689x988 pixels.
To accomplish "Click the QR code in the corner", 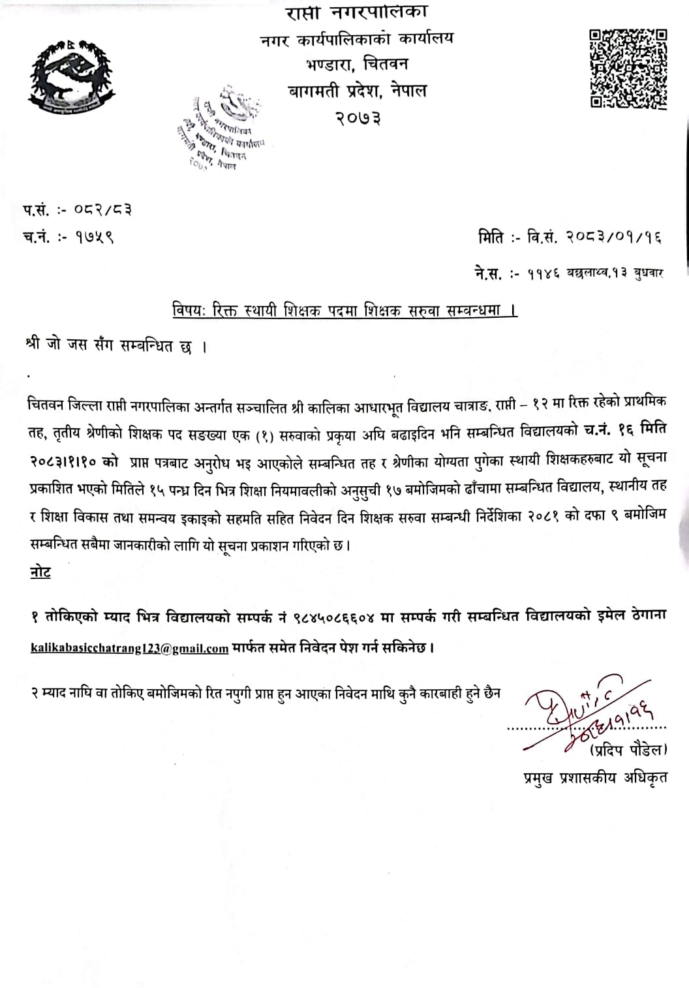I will (628, 69).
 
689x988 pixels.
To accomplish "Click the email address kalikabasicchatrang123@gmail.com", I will (129, 649).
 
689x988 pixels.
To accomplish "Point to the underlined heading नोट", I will (40, 572).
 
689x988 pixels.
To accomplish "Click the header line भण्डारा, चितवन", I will (358, 65).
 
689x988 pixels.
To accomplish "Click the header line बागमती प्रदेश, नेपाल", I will (358, 91).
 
